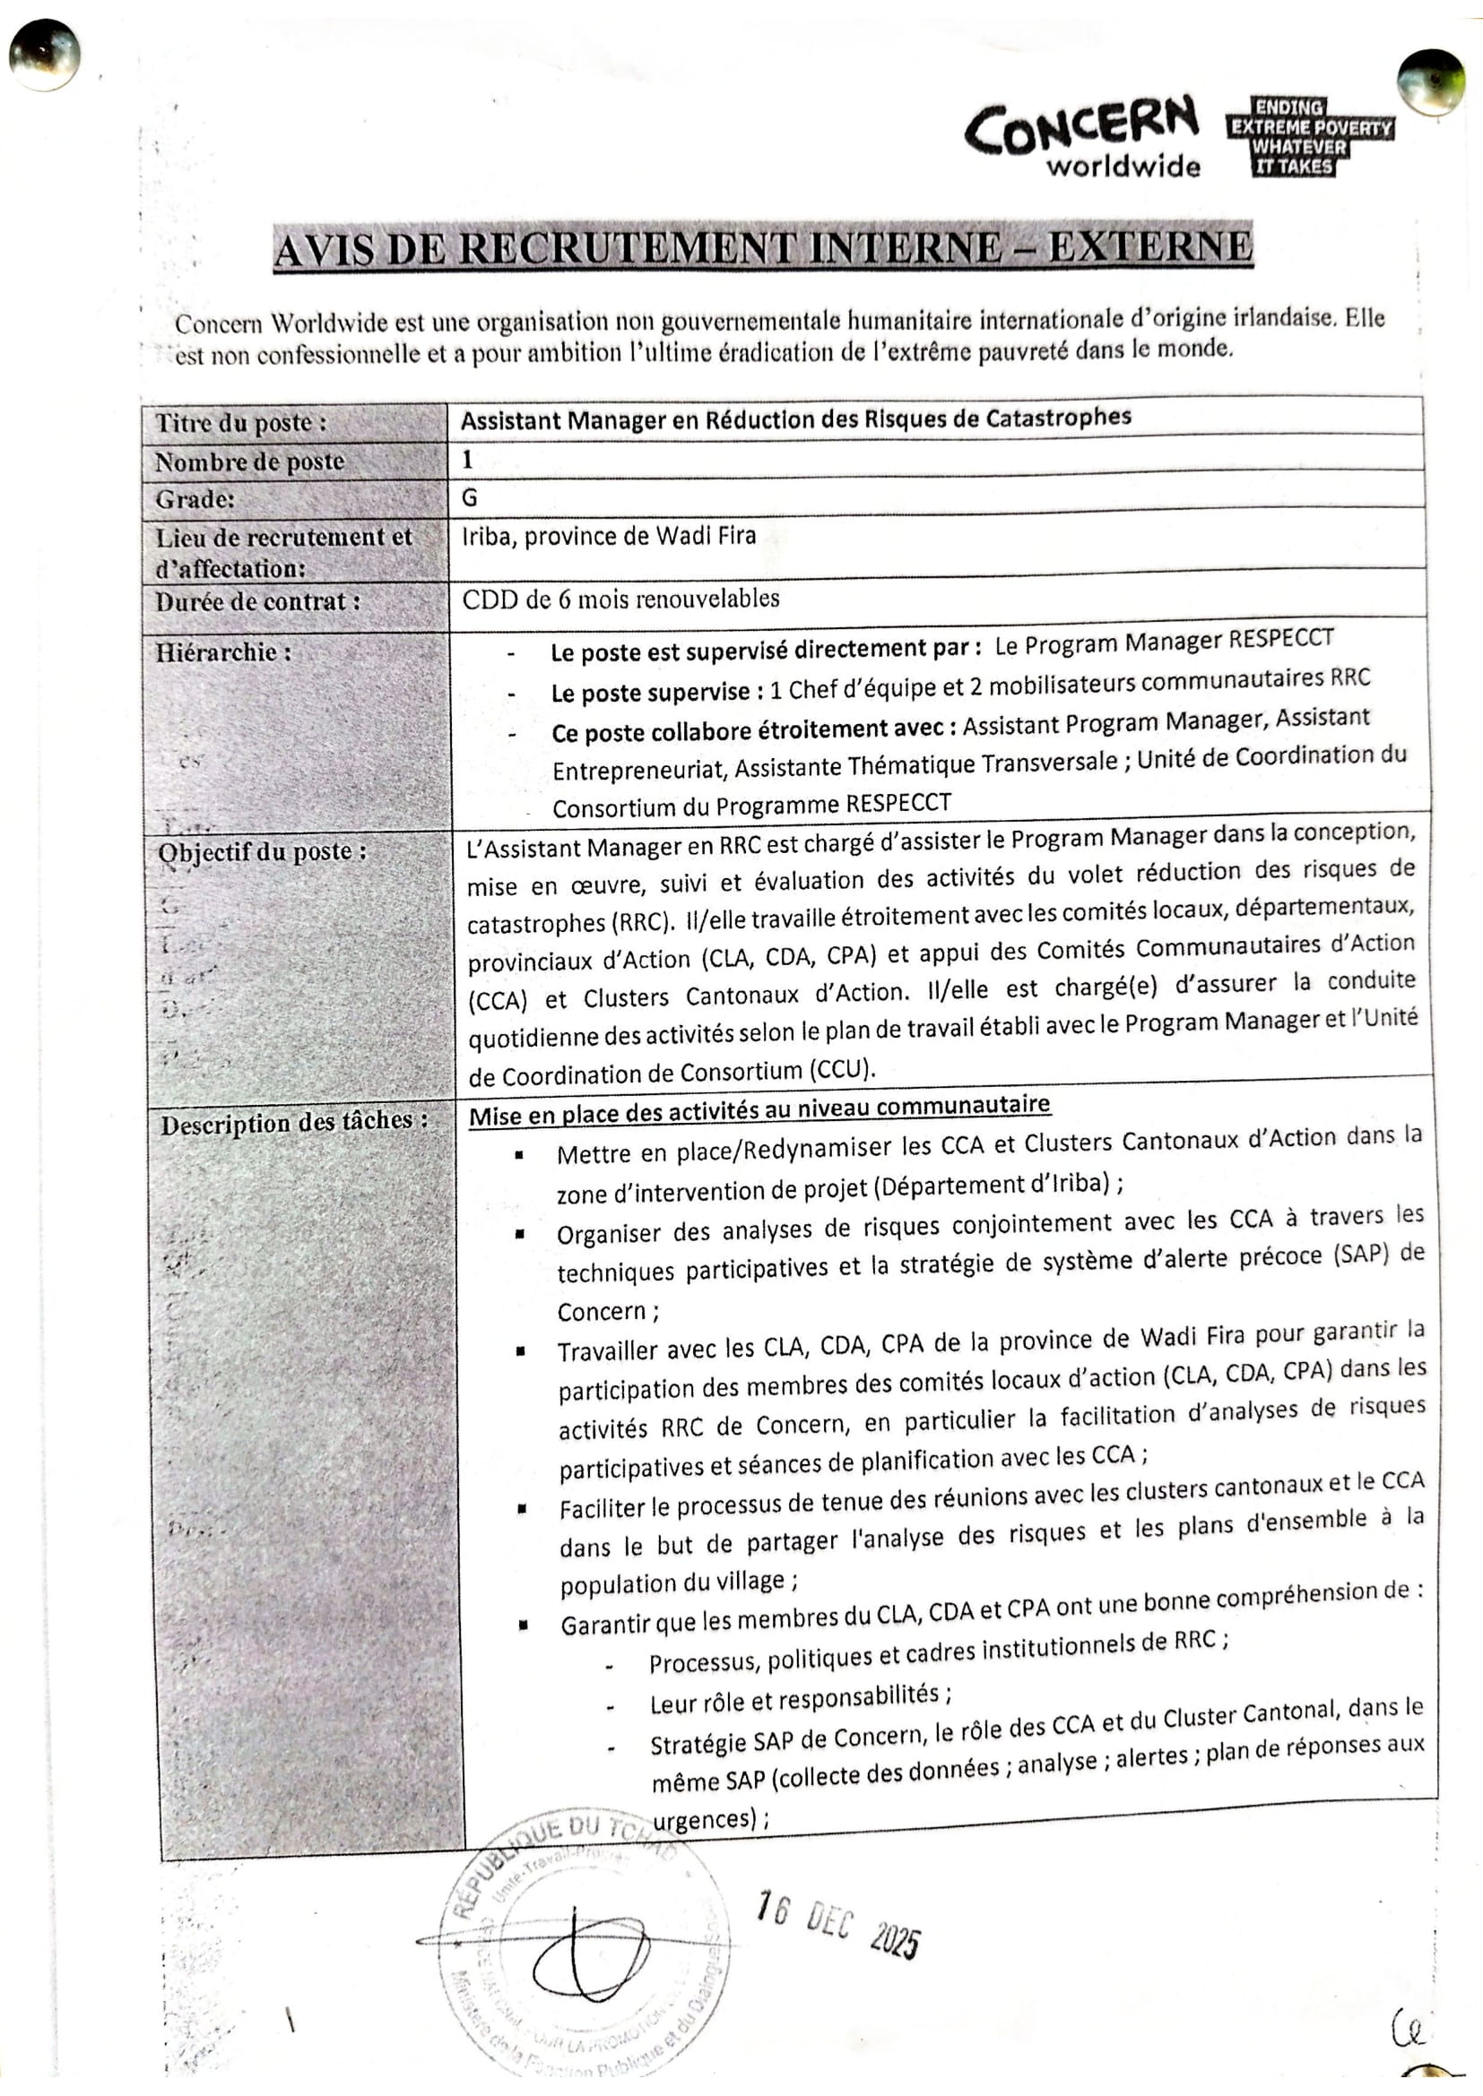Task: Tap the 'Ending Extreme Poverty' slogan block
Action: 1309,137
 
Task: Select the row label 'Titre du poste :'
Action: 240,423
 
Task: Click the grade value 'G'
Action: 469,497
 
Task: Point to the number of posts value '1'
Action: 466,459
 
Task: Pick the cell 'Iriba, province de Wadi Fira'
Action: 609,536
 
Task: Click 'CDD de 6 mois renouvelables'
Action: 621,599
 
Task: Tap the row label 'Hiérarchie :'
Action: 224,651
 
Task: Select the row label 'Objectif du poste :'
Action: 262,850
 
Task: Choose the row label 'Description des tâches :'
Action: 294,1121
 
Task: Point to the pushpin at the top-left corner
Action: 43,55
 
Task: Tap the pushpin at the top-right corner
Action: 1430,83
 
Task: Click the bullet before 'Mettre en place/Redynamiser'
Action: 518,1155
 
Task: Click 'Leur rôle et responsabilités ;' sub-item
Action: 800,1697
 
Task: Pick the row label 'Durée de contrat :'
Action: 257,602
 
